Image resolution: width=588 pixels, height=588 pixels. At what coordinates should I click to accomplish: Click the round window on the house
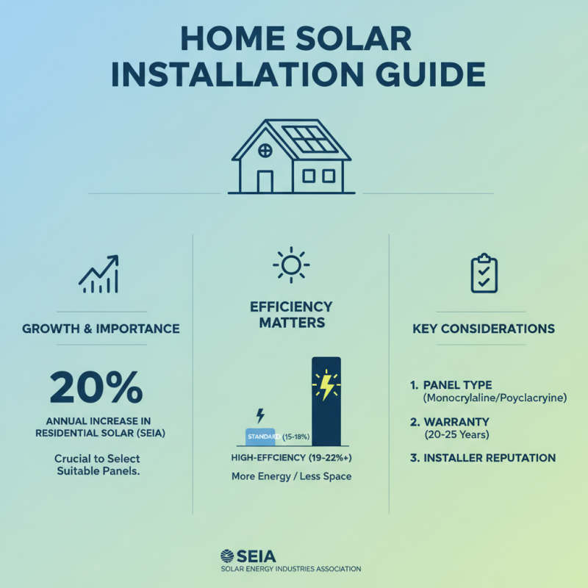coord(265,150)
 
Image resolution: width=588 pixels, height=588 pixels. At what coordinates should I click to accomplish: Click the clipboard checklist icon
coord(484,273)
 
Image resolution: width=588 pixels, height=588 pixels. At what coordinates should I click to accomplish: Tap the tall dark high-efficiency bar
coord(326,401)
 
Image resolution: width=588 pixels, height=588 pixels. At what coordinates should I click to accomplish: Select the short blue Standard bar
coord(259,437)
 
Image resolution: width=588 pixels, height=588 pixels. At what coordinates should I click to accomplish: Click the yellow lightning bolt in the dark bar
coord(325,386)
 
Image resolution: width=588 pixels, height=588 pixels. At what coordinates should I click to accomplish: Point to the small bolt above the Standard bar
coord(259,415)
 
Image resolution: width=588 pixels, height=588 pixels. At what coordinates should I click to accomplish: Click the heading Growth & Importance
coord(101,329)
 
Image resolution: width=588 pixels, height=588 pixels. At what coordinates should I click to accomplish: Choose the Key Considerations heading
coord(483,329)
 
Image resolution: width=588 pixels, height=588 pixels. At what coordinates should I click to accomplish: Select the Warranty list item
coord(462,422)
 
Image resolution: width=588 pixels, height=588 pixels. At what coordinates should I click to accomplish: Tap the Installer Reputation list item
coord(490,458)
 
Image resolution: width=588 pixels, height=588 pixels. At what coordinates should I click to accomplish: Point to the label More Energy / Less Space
coord(291,476)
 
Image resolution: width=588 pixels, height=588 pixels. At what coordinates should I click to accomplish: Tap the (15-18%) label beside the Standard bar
coord(295,437)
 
